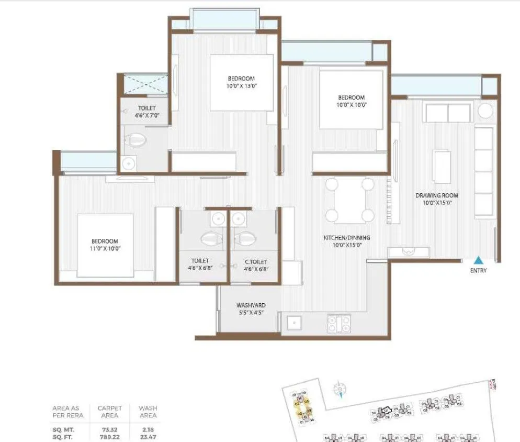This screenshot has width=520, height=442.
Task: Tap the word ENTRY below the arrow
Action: [478, 271]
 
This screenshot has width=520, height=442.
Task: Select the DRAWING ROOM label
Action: [433, 196]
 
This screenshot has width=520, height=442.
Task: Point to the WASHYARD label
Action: [251, 305]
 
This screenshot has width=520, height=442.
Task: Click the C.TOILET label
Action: [256, 261]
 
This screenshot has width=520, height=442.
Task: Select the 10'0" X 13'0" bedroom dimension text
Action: [241, 86]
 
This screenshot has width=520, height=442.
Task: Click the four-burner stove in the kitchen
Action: [338, 324]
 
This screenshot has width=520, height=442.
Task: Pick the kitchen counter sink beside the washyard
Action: [293, 324]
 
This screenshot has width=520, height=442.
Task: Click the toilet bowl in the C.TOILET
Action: [244, 239]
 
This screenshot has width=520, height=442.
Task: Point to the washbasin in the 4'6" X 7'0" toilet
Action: [128, 164]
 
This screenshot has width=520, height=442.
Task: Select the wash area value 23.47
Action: [148, 436]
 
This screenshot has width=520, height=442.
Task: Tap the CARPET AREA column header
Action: [109, 412]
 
